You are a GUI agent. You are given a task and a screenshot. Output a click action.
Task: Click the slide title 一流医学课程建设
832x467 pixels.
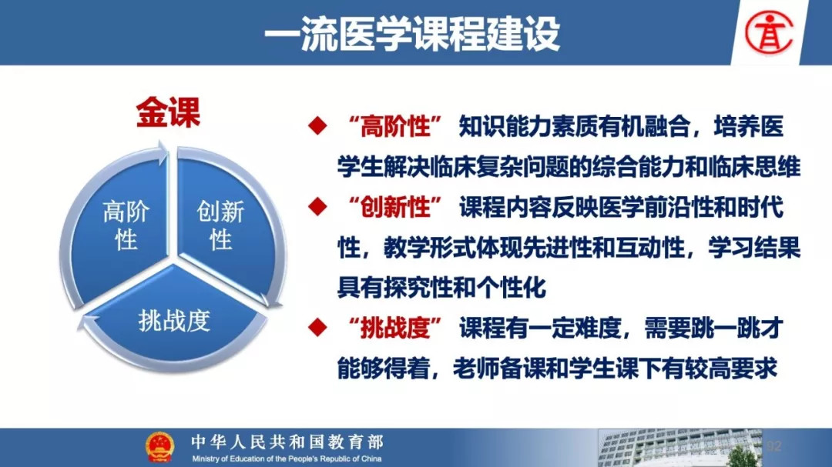coord(411,33)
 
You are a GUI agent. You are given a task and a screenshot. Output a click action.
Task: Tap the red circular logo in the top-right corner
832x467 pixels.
coord(768,33)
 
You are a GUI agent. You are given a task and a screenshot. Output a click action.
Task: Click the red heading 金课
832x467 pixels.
coord(168,112)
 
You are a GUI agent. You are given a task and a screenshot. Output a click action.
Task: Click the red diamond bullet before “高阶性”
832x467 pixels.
coord(317,125)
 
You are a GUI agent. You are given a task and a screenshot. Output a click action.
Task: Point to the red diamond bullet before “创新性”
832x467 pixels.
coord(317,206)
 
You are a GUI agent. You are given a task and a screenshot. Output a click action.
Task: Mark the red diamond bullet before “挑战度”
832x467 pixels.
coord(317,327)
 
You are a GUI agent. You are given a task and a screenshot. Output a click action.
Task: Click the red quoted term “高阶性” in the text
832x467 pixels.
coord(395,126)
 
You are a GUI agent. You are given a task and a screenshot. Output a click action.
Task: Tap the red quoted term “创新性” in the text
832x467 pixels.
coord(395,207)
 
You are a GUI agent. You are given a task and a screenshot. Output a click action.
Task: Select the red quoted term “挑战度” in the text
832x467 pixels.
coord(395,328)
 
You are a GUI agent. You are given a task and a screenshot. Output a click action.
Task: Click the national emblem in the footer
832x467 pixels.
coord(159,446)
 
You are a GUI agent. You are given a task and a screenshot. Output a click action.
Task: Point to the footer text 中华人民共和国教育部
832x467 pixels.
coord(287,442)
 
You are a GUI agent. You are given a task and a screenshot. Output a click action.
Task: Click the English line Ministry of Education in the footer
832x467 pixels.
coord(287,459)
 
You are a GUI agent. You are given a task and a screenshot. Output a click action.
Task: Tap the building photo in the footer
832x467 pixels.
coord(679,448)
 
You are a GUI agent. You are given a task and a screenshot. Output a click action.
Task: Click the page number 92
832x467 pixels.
coord(774,445)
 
